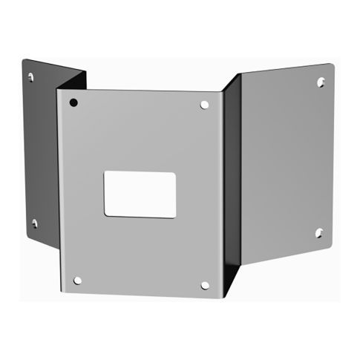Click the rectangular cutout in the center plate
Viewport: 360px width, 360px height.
click(x=140, y=194)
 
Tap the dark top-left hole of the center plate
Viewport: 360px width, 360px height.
click(x=74, y=102)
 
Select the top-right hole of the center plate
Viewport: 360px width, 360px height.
click(x=205, y=105)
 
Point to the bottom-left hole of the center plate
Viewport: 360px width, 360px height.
click(x=77, y=280)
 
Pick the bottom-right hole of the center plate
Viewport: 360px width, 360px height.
click(x=206, y=284)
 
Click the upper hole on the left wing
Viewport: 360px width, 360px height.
click(x=30, y=76)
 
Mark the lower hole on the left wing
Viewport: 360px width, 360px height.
click(x=33, y=223)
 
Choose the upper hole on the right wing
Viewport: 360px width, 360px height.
click(x=321, y=82)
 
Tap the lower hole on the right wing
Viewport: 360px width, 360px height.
click(x=318, y=232)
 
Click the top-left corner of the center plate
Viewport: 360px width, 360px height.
click(x=59, y=90)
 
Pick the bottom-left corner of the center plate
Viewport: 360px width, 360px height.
click(x=65, y=292)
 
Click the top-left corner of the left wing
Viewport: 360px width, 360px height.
click(x=22, y=59)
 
